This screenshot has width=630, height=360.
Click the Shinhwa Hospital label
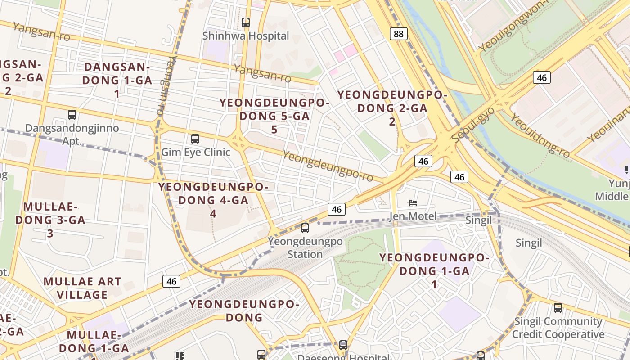(246, 36)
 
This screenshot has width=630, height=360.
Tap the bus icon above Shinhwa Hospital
(246, 22)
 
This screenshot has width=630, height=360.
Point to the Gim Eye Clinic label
(196, 152)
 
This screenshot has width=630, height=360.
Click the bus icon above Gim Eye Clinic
(195, 139)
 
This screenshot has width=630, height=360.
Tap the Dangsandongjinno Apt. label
(72, 134)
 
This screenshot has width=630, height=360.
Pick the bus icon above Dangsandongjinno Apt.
(72, 115)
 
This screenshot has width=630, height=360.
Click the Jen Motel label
(413, 216)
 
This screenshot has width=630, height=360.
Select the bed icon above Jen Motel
(413, 203)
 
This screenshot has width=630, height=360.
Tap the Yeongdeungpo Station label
(305, 247)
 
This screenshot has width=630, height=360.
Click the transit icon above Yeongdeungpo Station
(305, 228)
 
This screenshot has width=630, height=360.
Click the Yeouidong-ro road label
(540, 135)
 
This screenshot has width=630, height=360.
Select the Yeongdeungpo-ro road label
(328, 166)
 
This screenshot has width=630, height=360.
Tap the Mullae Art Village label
(82, 288)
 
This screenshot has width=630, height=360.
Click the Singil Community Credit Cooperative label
(558, 328)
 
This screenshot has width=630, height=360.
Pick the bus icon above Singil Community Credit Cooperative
(558, 308)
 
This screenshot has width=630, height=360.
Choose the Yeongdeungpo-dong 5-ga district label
(274, 116)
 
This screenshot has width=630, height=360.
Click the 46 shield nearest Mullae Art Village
(171, 281)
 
